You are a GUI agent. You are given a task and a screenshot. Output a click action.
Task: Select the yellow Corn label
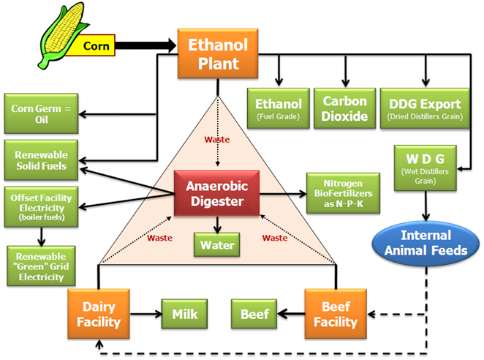click(x=96, y=46)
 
